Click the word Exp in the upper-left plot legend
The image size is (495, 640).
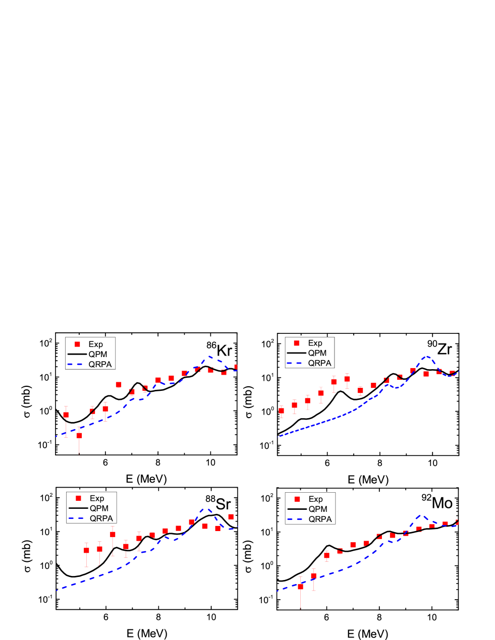click(95, 344)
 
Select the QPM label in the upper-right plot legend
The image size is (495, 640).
click(317, 353)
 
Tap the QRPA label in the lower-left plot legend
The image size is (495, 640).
click(101, 518)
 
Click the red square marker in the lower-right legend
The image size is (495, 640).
click(297, 499)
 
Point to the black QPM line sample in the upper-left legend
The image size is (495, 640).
click(77, 355)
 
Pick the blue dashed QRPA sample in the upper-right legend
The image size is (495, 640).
click(296, 363)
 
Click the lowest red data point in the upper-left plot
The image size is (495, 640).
click(79, 435)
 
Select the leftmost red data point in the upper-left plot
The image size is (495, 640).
click(66, 415)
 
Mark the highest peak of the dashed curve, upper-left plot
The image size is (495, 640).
click(209, 357)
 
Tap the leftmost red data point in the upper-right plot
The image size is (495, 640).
click(282, 411)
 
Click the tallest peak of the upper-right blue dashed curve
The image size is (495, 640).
click(427, 357)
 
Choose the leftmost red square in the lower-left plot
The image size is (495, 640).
click(86, 551)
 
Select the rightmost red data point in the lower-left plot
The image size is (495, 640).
click(231, 516)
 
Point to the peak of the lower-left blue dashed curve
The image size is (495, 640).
click(206, 509)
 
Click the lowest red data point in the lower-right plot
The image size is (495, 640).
click(301, 587)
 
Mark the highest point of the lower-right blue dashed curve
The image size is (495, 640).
click(419, 516)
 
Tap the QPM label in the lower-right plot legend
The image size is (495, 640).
click(317, 509)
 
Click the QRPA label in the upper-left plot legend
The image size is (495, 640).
click(100, 364)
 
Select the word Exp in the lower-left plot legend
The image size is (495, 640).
click(97, 498)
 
